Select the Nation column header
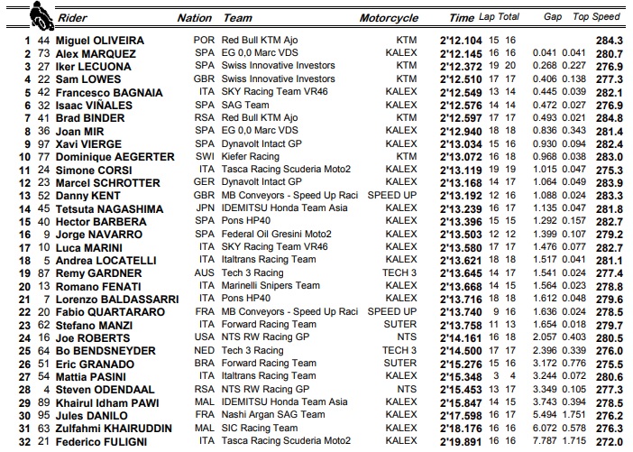click(194, 17)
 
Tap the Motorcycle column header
click(389, 17)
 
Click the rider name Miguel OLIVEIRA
click(100, 41)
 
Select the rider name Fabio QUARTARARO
click(111, 312)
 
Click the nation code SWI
click(203, 157)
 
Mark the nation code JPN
click(203, 208)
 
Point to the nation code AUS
click(203, 273)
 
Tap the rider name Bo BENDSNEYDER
click(107, 351)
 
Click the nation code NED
click(203, 351)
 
